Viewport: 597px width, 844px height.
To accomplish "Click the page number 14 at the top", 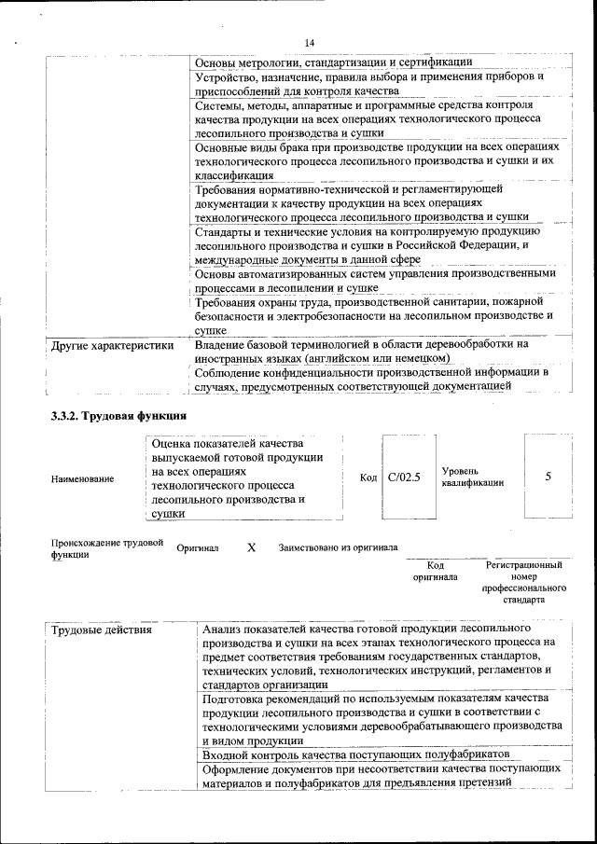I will tap(310, 42).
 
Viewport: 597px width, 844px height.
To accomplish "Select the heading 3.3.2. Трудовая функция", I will tap(119, 416).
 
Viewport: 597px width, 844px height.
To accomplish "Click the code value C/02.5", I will tap(405, 477).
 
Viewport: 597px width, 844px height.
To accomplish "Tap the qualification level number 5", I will tap(548, 477).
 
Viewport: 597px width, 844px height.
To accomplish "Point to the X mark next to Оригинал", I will tap(251, 548).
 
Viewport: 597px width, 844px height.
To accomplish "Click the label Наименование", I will tap(83, 478).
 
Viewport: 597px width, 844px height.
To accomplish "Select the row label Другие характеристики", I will tap(112, 346).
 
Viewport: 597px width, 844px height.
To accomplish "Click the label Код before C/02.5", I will tap(368, 477).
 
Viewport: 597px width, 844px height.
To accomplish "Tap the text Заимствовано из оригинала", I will tap(338, 548).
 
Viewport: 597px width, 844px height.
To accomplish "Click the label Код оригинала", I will tap(435, 571).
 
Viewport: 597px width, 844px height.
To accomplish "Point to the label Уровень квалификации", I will tap(473, 477).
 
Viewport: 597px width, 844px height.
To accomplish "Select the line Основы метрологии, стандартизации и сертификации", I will tap(333, 62).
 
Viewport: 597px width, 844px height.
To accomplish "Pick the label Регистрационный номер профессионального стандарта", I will tap(524, 583).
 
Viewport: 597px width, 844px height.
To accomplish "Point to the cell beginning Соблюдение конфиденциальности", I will tap(371, 379).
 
